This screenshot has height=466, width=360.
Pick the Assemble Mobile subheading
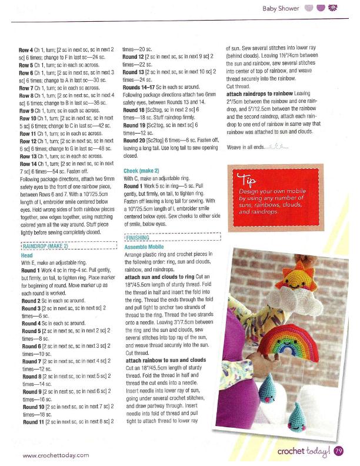click(145, 248)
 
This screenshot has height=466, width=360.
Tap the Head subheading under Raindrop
click(27, 256)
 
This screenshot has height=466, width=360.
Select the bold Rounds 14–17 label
click(139, 86)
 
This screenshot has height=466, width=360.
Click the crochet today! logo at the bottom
click(304, 451)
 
